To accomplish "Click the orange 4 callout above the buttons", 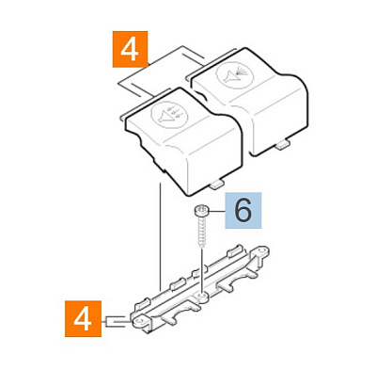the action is tap(130, 49).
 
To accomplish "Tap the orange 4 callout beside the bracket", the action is tap(83, 318).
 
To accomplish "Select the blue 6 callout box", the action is tap(243, 210).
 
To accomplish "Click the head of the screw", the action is tap(201, 210).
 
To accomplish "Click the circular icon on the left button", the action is tap(169, 115).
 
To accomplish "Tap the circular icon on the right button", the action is tap(234, 73).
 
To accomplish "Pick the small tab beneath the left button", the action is tap(217, 185).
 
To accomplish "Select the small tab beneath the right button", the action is tap(283, 145).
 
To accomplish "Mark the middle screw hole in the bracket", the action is tap(203, 296).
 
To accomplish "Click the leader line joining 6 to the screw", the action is tap(216, 211).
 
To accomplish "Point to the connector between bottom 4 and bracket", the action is tap(116, 322).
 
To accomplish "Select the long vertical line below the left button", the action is tap(160, 236).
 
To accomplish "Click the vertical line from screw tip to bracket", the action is tap(202, 271).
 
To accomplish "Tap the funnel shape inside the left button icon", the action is tap(163, 118).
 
